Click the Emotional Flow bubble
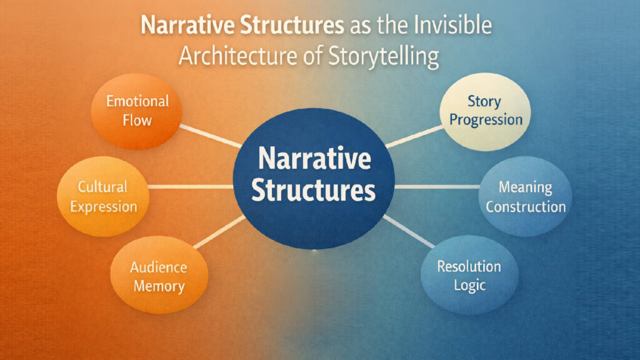coord(136,111)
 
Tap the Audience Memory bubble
coord(157,277)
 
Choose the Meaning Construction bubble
coord(525,196)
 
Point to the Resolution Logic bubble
coord(469,276)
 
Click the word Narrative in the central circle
coord(314,161)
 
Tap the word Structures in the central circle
coord(314,191)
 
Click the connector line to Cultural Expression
coord(191,187)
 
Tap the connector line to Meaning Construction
coord(437,187)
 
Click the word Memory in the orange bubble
coord(158,287)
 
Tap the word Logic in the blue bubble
coord(469,286)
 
